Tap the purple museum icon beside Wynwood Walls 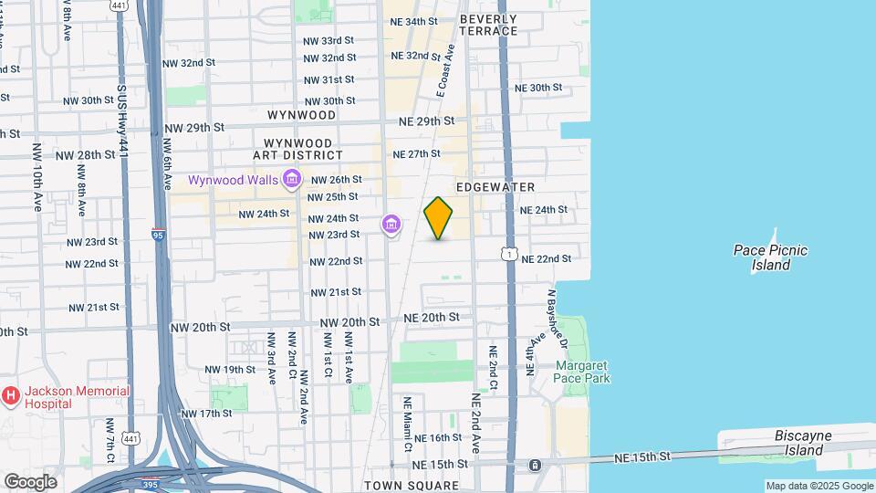pyautogui.click(x=292, y=179)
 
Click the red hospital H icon pyautogui.click(x=11, y=396)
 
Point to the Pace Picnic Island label pyautogui.click(x=771, y=257)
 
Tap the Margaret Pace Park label pyautogui.click(x=583, y=371)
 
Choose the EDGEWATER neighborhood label pyautogui.click(x=495, y=187)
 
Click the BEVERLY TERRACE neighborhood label pyautogui.click(x=488, y=25)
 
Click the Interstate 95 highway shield pyautogui.click(x=159, y=235)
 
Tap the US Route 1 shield pyautogui.click(x=509, y=252)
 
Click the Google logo pyautogui.click(x=29, y=481)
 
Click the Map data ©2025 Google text pyautogui.click(x=819, y=486)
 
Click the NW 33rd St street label pyautogui.click(x=328, y=41)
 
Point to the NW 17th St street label pyautogui.click(x=206, y=414)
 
